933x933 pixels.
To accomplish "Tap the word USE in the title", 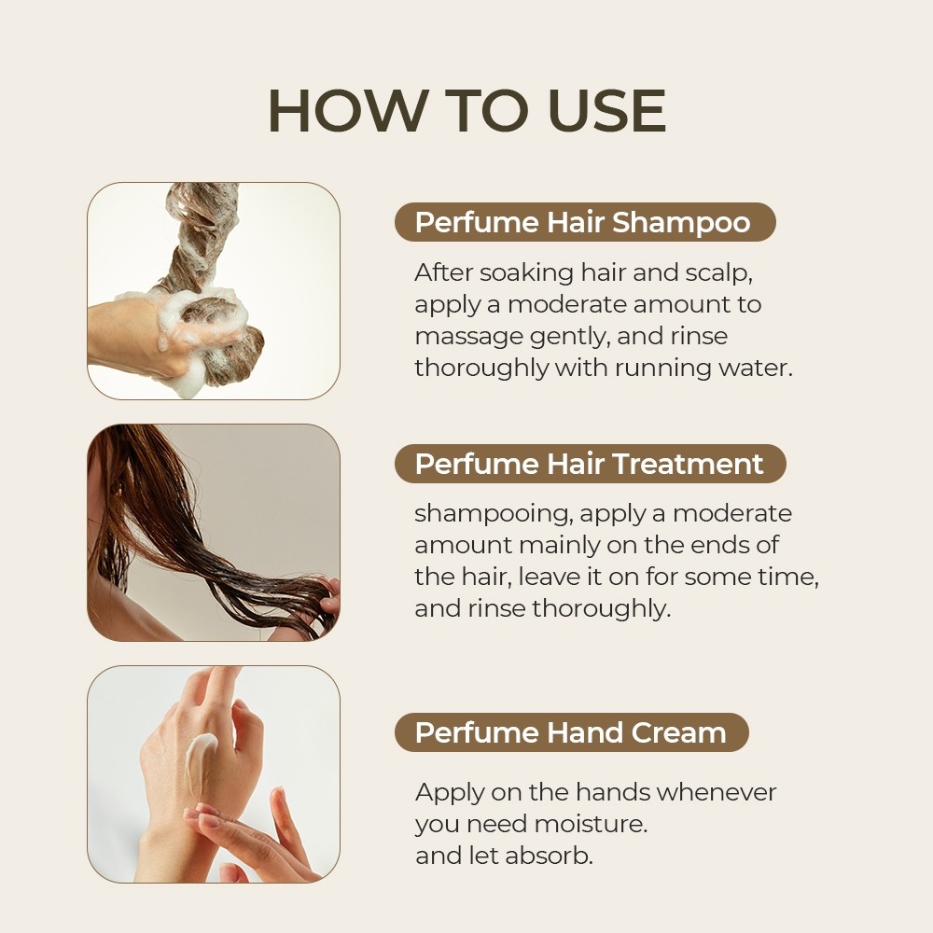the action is [x=607, y=111].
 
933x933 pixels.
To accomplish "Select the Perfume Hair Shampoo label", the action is [x=585, y=222].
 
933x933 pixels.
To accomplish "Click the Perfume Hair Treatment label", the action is [x=590, y=464].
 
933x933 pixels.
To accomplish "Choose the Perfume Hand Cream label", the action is [x=571, y=732].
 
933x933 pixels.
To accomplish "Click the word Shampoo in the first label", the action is [x=681, y=223].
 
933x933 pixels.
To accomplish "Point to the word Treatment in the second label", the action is [x=688, y=464].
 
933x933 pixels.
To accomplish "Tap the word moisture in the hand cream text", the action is [x=591, y=824].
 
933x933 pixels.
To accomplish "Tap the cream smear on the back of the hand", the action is [x=200, y=768].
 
